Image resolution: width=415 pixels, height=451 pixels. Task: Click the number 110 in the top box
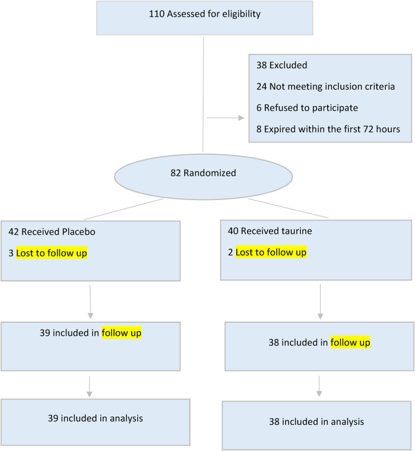157,14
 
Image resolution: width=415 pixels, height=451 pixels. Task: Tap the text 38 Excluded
282,65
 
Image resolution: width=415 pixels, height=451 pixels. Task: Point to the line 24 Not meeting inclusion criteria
325,86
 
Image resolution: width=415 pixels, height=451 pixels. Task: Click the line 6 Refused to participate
307,108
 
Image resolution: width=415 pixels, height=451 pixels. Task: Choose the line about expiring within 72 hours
328,129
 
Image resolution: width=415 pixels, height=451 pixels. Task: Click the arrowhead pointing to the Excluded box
241,117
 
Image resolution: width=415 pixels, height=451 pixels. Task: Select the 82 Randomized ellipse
204,177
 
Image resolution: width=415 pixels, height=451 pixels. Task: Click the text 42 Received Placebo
52,231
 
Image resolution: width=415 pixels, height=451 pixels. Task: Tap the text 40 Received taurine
270,231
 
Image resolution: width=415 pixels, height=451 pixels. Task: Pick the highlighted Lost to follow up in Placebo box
52,253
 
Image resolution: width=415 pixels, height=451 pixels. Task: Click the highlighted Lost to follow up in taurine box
271,252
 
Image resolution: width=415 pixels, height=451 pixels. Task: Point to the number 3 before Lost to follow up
11,253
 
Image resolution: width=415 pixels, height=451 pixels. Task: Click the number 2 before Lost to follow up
230,252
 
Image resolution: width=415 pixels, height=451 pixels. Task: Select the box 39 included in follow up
91,347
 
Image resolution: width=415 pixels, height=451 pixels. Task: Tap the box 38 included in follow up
319,347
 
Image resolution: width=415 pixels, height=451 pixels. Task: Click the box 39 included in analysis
95,422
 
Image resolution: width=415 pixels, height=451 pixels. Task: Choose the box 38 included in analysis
316,425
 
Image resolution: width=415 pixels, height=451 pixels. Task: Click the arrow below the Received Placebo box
90,301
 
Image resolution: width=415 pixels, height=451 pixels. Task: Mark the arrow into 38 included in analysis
319,386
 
